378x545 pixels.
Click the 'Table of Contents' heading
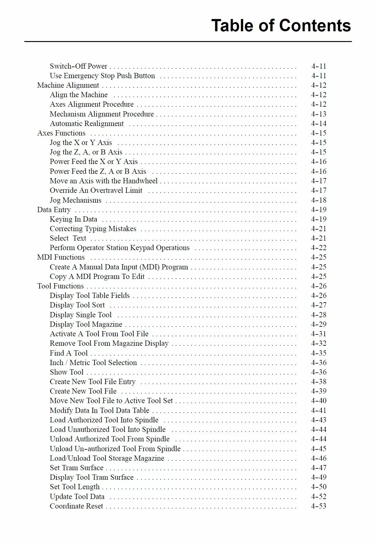(281, 25)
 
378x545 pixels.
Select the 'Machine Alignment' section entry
(68, 85)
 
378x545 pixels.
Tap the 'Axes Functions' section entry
(61, 133)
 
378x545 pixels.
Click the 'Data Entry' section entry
(54, 210)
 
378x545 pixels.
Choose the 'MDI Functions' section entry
(61, 257)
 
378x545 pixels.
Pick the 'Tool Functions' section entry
(60, 286)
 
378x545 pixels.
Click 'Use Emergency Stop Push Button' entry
(102, 76)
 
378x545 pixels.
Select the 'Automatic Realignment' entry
(87, 124)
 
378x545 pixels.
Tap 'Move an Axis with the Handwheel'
(104, 181)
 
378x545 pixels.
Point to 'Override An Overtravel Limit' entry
(96, 190)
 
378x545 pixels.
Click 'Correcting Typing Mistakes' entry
(93, 229)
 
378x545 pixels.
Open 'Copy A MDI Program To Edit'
(97, 276)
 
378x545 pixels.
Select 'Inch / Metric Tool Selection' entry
(93, 363)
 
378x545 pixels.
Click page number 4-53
(318, 506)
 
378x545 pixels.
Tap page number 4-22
(318, 248)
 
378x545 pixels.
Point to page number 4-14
(318, 124)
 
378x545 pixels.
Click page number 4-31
(318, 334)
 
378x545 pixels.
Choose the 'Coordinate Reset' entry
(76, 506)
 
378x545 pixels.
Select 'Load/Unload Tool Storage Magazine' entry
(107, 458)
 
